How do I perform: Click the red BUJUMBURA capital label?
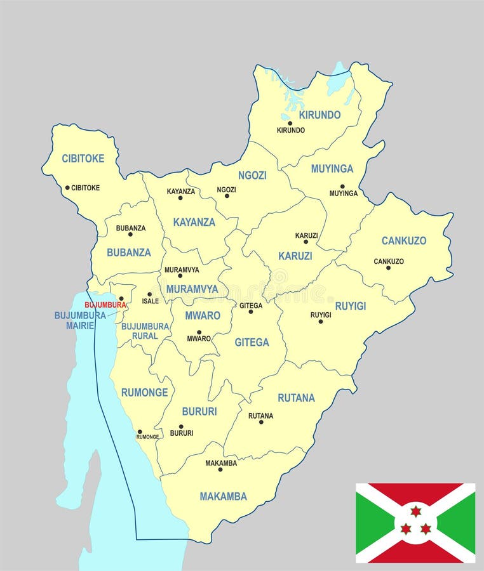[x=105, y=305]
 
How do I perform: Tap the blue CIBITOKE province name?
[x=83, y=159]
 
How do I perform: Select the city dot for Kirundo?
[x=290, y=123]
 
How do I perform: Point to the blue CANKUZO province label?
[x=403, y=240]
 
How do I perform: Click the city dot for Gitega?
[x=250, y=312]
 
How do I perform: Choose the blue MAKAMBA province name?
[x=223, y=496]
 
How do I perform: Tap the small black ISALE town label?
[x=151, y=301]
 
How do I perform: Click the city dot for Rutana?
[x=260, y=422]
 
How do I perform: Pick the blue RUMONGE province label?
[x=144, y=392]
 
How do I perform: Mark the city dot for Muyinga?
[x=342, y=187]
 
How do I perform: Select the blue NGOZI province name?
[x=252, y=175]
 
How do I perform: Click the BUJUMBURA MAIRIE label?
[x=80, y=320]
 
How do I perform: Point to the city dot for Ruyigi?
[x=320, y=321]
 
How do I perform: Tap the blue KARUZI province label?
[x=295, y=256]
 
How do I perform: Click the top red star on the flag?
[x=415, y=511]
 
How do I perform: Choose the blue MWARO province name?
[x=203, y=315]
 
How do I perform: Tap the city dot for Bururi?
[x=181, y=426]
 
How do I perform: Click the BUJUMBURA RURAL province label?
[x=145, y=331]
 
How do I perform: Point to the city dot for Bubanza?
[x=130, y=234]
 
